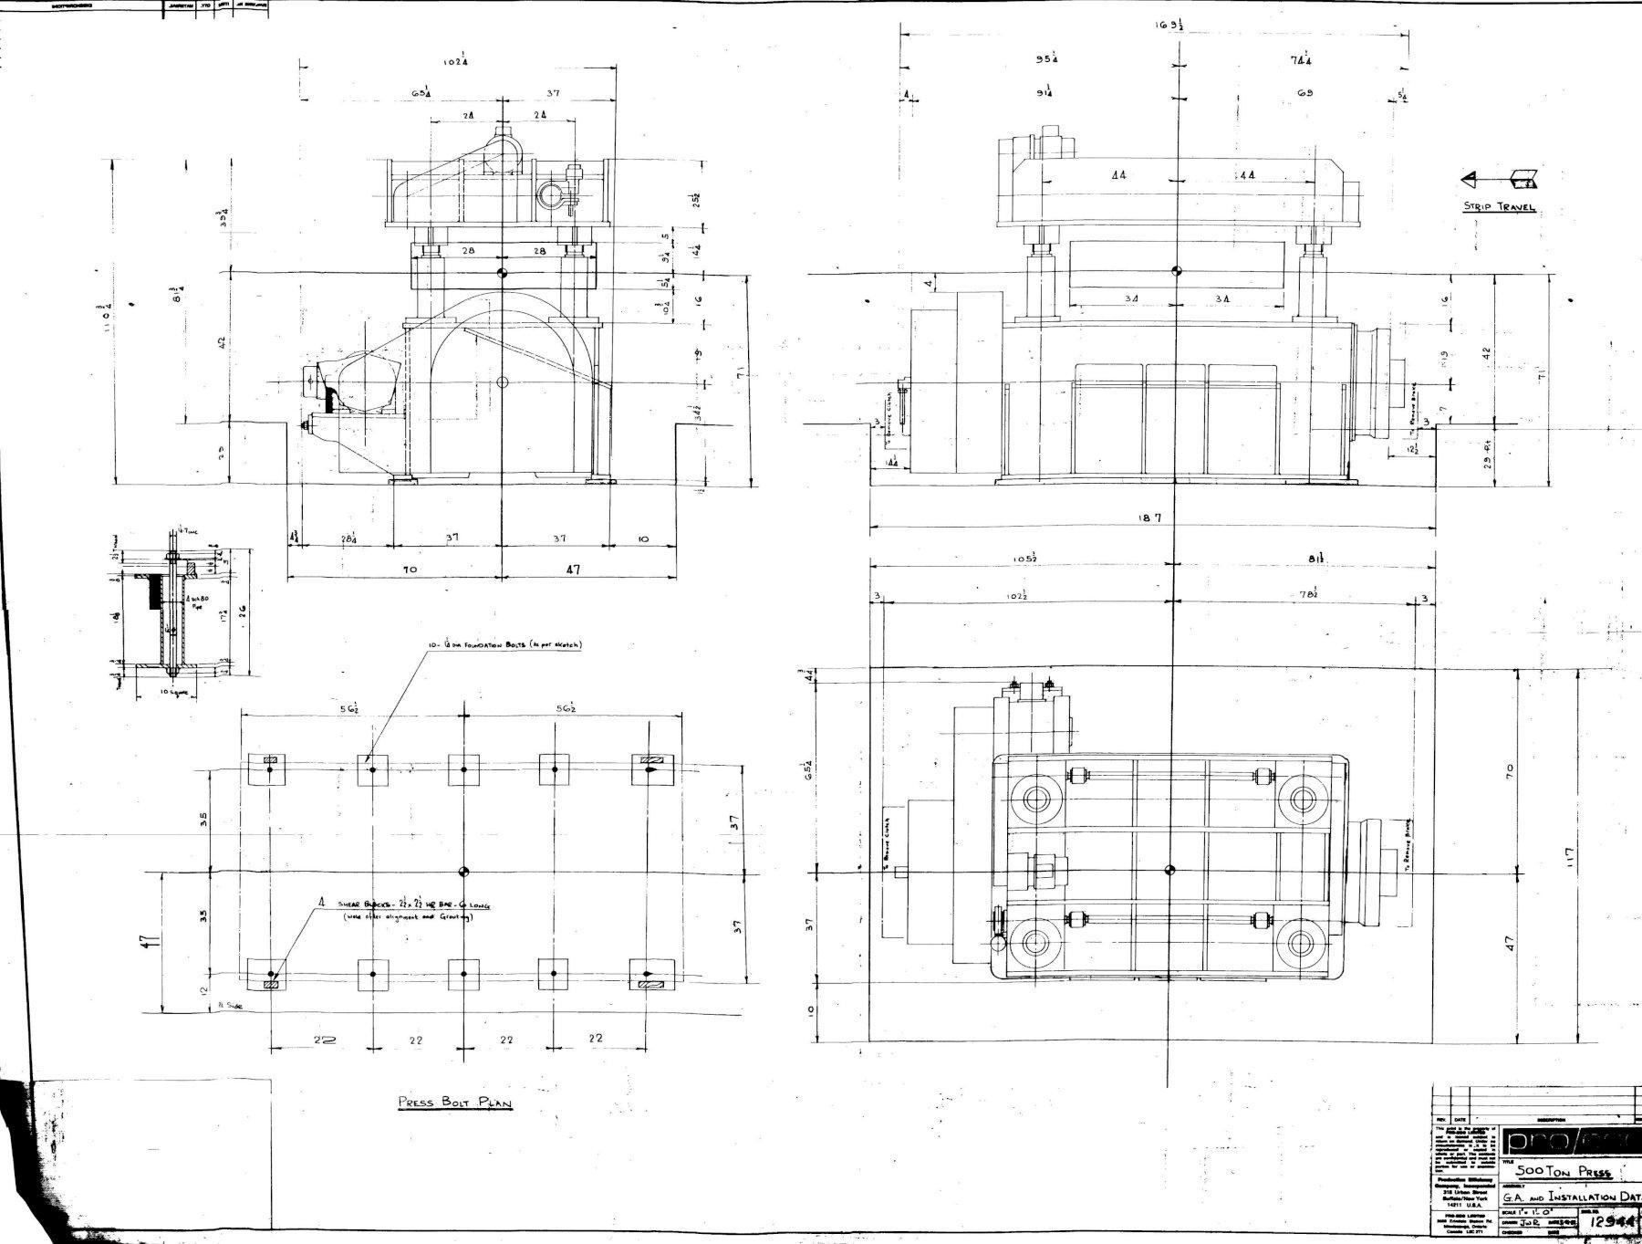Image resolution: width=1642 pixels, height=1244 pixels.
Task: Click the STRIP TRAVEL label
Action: pos(1500,207)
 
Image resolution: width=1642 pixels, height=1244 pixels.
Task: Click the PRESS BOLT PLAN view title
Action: pos(454,1102)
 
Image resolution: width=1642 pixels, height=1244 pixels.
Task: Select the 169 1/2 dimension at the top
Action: pos(1169,26)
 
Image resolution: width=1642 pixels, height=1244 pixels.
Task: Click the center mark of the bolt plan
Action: pos(463,871)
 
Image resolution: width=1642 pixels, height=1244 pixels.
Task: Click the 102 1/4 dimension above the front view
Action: pos(457,62)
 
